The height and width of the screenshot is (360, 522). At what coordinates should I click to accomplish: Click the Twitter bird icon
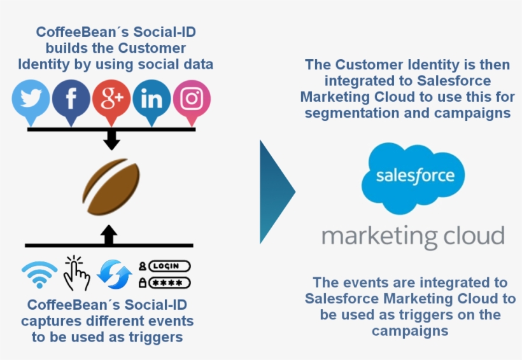(31, 99)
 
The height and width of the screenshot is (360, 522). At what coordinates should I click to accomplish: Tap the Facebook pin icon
(71, 99)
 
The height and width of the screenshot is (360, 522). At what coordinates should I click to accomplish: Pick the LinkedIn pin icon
(152, 99)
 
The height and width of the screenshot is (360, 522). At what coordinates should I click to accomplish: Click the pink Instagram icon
(192, 99)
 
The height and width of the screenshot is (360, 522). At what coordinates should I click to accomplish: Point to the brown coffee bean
(111, 189)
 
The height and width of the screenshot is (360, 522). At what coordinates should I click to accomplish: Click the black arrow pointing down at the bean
(111, 141)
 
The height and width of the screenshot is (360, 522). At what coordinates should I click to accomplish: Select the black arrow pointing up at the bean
(109, 235)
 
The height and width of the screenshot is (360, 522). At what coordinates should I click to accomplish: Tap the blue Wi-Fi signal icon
(39, 275)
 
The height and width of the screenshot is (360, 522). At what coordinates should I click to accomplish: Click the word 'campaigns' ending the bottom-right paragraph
(410, 331)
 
